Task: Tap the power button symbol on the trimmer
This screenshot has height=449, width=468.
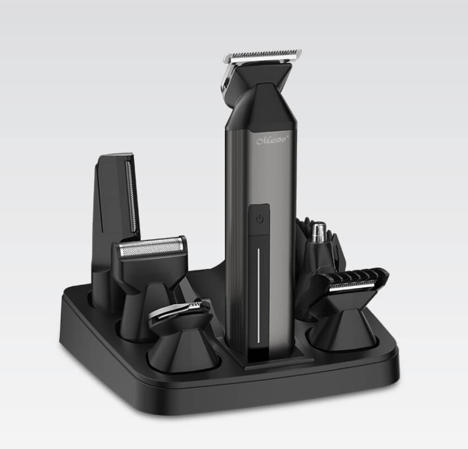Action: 260,220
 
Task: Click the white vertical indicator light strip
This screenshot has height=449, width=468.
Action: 258,295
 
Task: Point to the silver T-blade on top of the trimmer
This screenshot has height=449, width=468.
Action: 262,57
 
